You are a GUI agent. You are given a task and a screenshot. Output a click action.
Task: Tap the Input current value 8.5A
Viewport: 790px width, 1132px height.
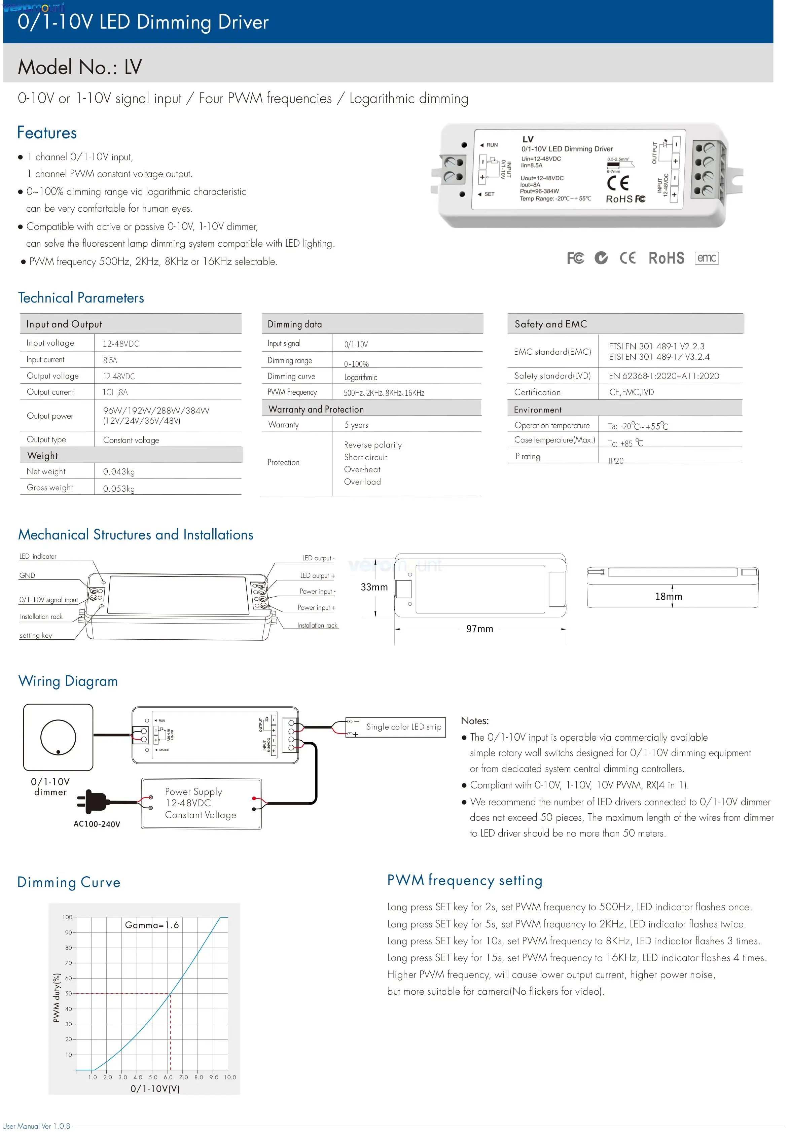(110, 360)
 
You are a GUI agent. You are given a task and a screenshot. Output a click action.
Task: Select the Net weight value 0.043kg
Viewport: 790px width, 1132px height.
(119, 472)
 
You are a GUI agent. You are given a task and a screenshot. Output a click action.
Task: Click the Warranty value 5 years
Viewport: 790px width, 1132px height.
(356, 425)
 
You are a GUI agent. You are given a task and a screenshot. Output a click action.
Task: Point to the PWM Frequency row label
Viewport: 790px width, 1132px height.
(292, 392)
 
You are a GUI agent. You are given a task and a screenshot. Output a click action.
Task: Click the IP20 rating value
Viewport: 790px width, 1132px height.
(615, 460)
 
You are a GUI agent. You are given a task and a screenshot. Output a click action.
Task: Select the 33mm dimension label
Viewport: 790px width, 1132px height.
(374, 587)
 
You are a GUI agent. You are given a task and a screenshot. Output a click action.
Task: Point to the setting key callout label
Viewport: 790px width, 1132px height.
(35, 636)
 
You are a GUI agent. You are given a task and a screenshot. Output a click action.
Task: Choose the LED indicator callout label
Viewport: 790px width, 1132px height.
(38, 557)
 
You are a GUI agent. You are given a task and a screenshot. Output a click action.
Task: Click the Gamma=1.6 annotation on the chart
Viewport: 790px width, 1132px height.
(152, 925)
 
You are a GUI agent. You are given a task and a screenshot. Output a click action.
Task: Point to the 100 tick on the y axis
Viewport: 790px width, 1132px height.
(67, 917)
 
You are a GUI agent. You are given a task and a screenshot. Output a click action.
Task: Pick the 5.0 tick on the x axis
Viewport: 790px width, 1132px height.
(153, 1077)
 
